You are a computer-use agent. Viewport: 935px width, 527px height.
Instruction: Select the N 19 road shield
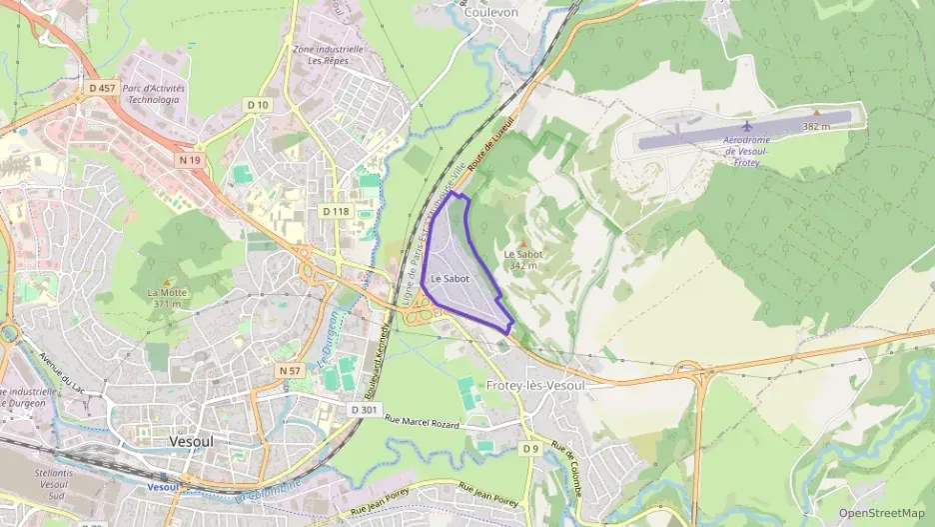point(190,160)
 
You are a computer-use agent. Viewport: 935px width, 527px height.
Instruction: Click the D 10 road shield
point(257,105)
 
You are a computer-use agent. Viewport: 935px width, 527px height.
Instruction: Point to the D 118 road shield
point(336,211)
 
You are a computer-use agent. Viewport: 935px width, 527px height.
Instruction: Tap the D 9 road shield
point(530,449)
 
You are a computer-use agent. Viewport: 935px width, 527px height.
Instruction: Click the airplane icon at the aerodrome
point(746,126)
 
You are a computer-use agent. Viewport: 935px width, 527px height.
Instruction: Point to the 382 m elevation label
point(817,127)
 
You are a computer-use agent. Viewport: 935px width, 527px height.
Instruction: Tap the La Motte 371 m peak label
point(165,298)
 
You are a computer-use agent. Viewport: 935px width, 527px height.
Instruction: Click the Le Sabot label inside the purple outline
point(451,279)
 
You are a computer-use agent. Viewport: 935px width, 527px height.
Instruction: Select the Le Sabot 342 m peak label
point(524,259)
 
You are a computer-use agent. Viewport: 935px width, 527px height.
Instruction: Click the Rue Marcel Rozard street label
point(423,425)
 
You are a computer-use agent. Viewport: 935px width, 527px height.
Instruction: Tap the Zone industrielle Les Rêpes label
point(328,54)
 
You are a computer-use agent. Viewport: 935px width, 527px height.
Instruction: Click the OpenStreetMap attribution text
point(881,513)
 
